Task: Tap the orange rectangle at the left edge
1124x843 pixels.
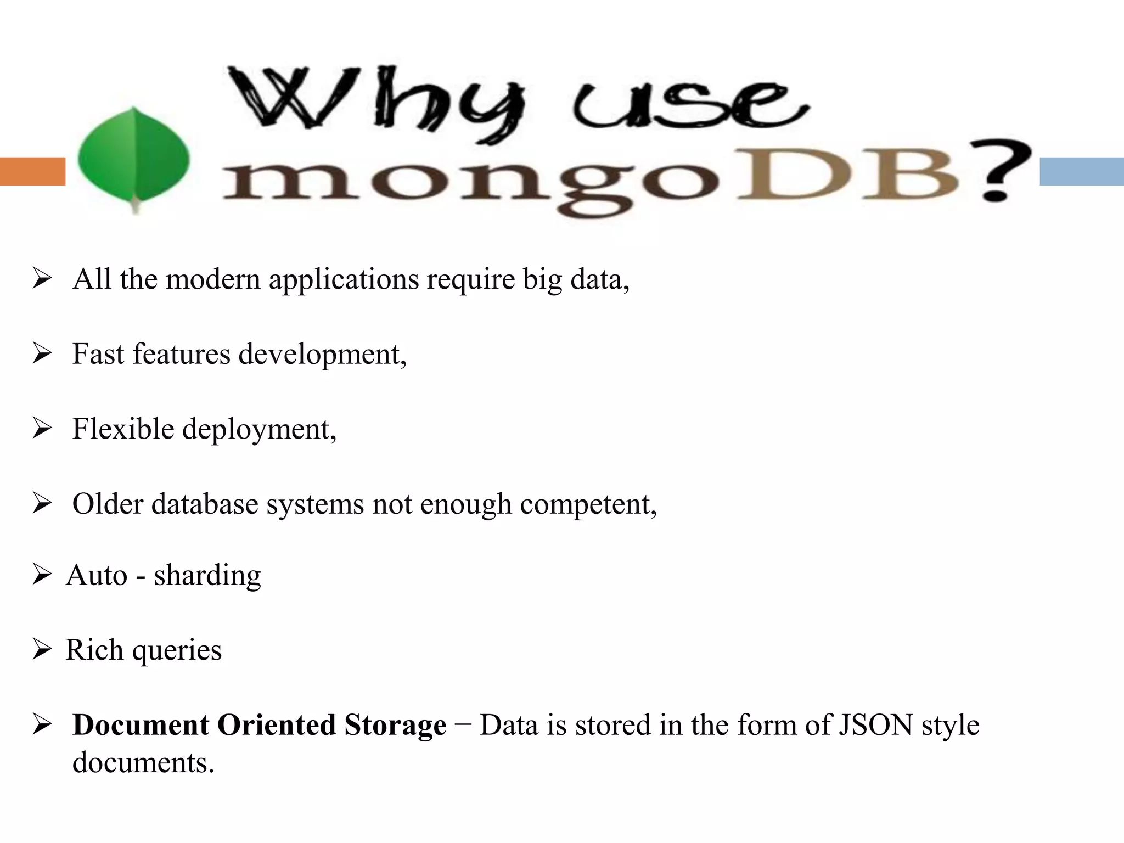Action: [32, 171]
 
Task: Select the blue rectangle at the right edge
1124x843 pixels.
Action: [1081, 171]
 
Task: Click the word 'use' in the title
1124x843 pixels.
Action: [689, 107]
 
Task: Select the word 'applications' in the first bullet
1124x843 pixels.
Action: [344, 280]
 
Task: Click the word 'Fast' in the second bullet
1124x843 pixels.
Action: [98, 354]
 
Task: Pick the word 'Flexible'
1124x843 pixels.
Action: [123, 429]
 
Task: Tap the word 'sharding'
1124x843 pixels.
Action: [207, 576]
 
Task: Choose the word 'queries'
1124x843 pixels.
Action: [177, 651]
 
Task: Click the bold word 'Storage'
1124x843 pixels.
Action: [395, 725]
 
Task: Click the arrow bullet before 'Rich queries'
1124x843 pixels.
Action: [42, 650]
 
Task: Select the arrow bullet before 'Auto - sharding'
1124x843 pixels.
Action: [42, 575]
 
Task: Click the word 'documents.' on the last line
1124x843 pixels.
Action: [143, 763]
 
